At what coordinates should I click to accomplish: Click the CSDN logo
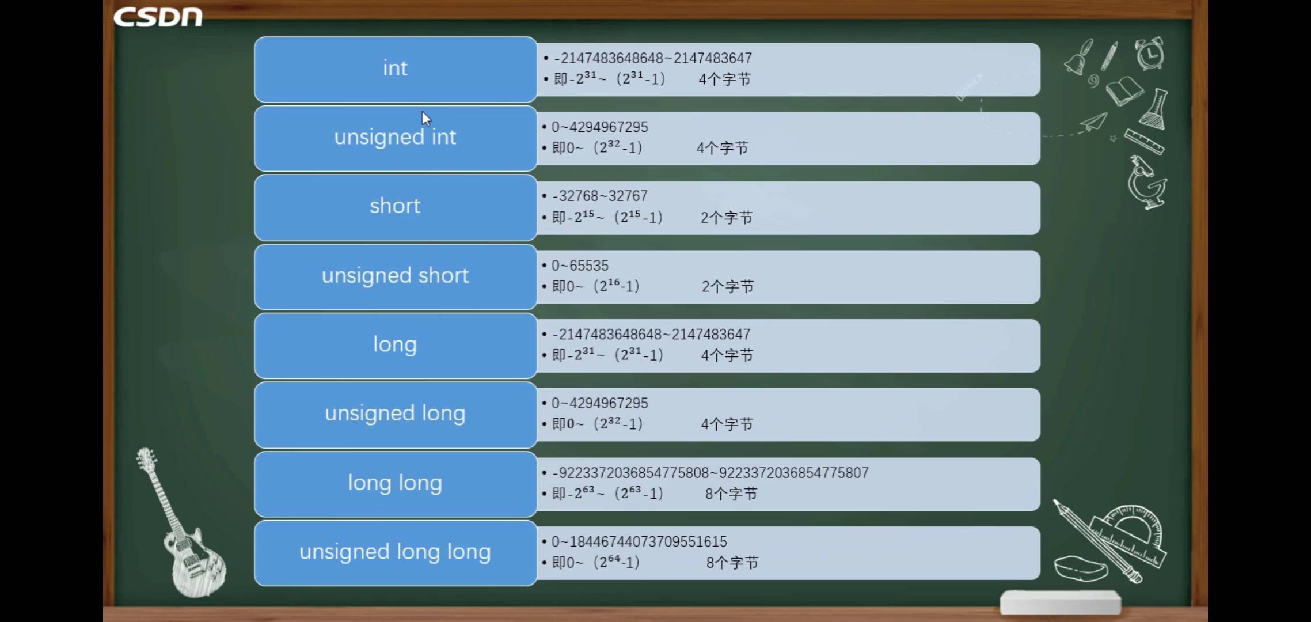coord(158,17)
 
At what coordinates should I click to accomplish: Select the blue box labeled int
coord(396,70)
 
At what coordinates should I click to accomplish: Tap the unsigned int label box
coord(396,138)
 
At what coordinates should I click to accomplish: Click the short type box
coord(396,207)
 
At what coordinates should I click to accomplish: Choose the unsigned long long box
coord(396,553)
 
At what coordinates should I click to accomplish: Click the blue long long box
coord(396,484)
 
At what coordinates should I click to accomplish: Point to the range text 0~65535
coord(580,266)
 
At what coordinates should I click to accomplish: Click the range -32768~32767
coord(599,196)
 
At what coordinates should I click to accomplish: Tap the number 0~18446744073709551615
coord(639,541)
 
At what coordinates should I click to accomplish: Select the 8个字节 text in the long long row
coord(731,494)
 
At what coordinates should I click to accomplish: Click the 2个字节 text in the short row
coord(727,217)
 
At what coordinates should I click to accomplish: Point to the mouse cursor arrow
coord(426,119)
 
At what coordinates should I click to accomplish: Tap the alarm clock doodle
coord(1150,54)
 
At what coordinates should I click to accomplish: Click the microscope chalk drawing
coord(1147,182)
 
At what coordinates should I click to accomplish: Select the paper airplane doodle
coord(1093,122)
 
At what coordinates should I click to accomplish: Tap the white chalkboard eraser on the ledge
coord(1061,602)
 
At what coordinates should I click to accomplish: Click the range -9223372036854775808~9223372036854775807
coord(710,472)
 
